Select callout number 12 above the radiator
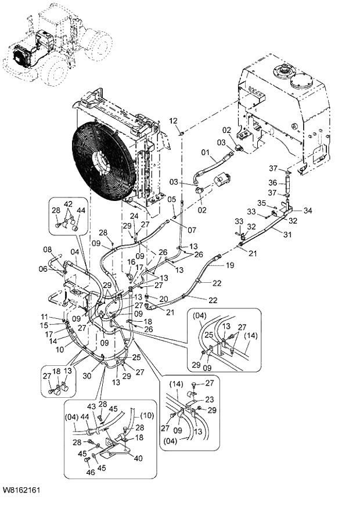click(173, 120)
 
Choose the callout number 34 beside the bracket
click(308, 210)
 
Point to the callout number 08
click(47, 250)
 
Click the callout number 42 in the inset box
click(69, 204)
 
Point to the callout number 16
click(132, 261)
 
